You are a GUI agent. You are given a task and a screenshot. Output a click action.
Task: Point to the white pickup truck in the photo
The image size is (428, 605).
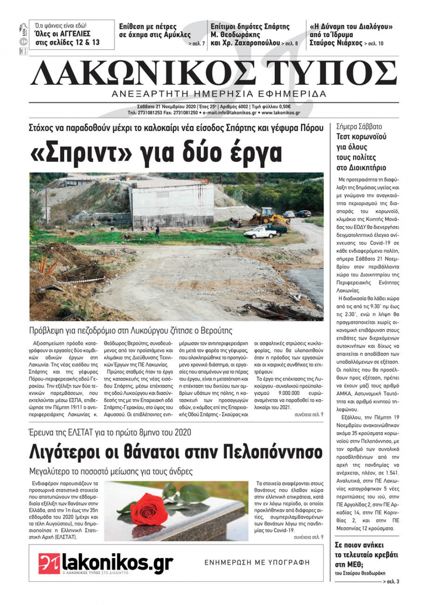click(260, 233)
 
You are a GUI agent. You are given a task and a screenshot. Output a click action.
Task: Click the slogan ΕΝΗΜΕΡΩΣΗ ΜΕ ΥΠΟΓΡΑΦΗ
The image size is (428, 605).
click(257, 563)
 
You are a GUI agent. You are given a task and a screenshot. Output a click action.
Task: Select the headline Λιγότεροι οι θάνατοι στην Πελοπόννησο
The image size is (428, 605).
click(175, 452)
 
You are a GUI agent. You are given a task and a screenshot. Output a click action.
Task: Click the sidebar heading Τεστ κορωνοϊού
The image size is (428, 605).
click(361, 137)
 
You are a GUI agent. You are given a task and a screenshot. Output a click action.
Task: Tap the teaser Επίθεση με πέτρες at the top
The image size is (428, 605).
click(148, 27)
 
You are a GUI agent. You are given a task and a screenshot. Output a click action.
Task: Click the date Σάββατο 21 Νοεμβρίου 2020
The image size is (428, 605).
click(160, 106)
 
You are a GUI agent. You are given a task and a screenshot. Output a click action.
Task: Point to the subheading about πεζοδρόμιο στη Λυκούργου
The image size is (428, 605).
click(131, 331)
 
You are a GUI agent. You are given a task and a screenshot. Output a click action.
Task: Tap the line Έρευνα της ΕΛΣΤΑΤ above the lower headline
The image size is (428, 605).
click(110, 432)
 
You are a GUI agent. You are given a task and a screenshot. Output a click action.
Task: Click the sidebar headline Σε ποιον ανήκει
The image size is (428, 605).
click(359, 545)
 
